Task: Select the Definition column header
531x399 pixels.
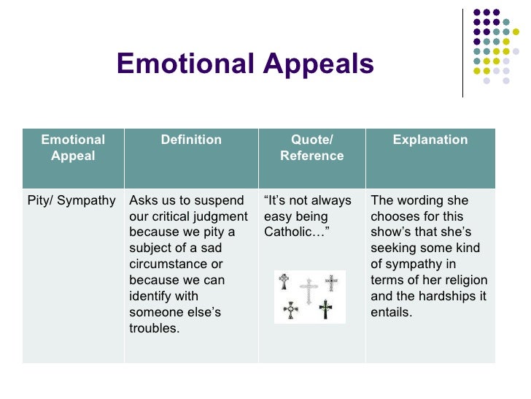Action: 191,140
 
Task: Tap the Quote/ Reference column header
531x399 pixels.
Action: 311,148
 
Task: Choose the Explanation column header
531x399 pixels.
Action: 430,140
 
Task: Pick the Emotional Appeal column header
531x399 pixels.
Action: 73,148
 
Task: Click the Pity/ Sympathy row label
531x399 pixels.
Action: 71,200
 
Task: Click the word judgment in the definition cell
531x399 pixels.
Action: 222,216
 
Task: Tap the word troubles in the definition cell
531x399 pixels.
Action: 153,329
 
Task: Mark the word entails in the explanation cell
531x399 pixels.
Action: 392,313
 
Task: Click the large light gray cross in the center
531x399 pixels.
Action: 309,291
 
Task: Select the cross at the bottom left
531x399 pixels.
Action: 292,310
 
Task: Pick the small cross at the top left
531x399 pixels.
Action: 284,281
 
